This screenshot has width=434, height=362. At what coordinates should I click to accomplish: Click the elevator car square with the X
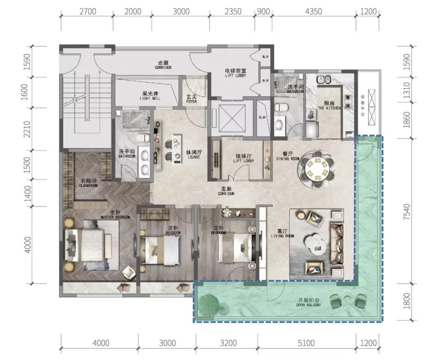(231, 116)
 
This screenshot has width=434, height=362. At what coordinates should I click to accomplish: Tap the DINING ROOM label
(287, 157)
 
